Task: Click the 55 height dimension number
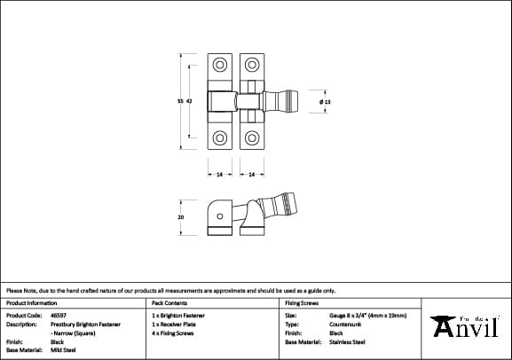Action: coord(181,102)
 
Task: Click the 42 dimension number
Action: coord(189,102)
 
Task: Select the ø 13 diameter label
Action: coord(325,103)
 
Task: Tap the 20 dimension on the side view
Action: coord(181,217)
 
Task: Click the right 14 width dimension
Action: coord(251,175)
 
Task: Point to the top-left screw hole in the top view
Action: coord(219,66)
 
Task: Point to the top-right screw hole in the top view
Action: coord(251,66)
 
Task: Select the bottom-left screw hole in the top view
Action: coord(219,137)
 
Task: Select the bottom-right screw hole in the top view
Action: coord(251,137)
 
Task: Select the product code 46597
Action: coord(59,315)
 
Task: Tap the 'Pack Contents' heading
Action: coord(169,302)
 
